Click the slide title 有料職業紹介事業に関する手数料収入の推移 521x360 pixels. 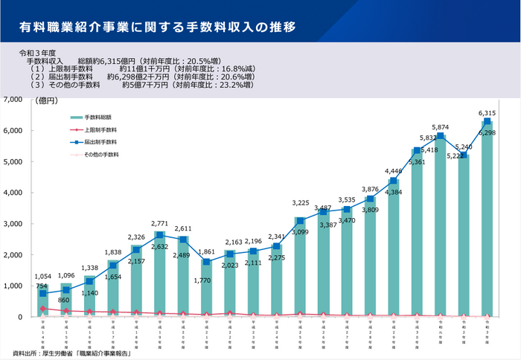tap(157, 28)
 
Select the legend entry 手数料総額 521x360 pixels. tap(98, 118)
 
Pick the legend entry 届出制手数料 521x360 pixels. tap(100, 141)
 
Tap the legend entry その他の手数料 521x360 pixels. tap(101, 154)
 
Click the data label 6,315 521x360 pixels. tap(488, 112)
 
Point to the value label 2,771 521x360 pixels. tap(159, 222)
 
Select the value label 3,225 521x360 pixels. tap(299, 202)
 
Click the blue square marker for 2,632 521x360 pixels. tap(159, 235)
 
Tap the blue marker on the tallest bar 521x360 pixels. tap(487, 122)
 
